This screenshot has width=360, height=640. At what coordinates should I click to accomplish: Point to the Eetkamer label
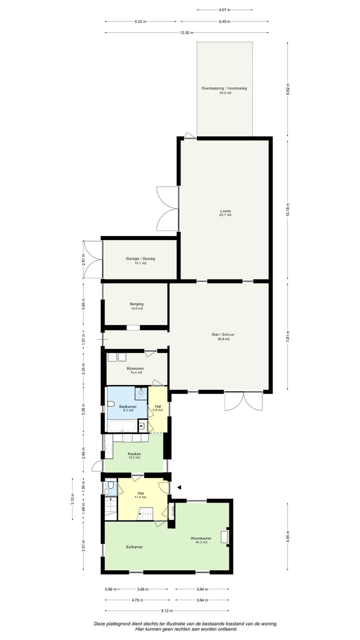pos(134,547)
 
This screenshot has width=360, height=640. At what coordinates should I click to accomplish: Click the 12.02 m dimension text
pos(187,32)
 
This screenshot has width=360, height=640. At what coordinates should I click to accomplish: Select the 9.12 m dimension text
pos(167,610)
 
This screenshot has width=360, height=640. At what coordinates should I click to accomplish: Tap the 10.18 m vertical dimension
pos(287,212)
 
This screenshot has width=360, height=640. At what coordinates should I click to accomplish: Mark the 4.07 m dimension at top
pos(224,9)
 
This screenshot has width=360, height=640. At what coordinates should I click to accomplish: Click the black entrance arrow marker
pos(178,487)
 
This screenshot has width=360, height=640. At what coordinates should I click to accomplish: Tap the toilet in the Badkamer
pos(111,403)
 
